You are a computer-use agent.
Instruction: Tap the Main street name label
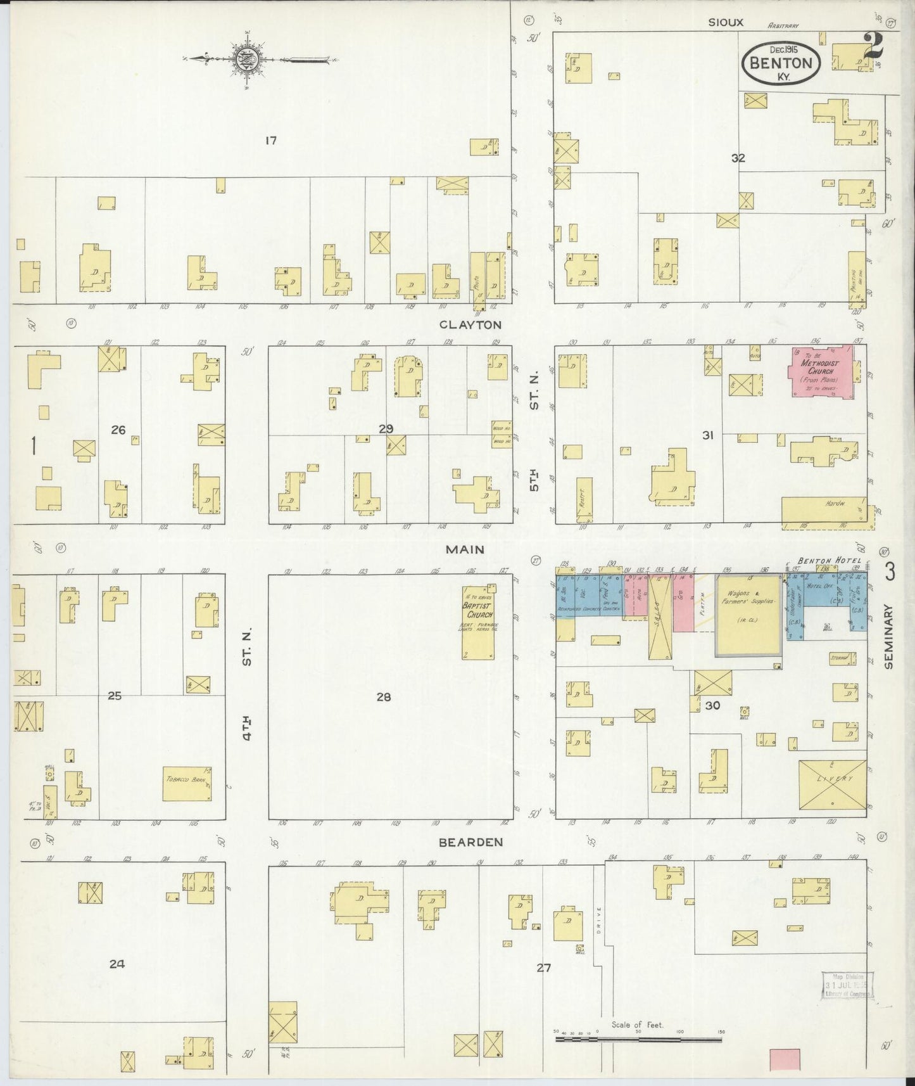pyautogui.click(x=465, y=549)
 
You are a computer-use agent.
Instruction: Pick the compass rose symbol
pyautogui.click(x=244, y=60)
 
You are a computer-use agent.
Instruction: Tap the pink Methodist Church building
pyautogui.click(x=822, y=371)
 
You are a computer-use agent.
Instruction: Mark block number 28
pyautogui.click(x=384, y=697)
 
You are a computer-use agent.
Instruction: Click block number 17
pyautogui.click(x=271, y=140)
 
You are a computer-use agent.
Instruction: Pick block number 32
pyautogui.click(x=738, y=158)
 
